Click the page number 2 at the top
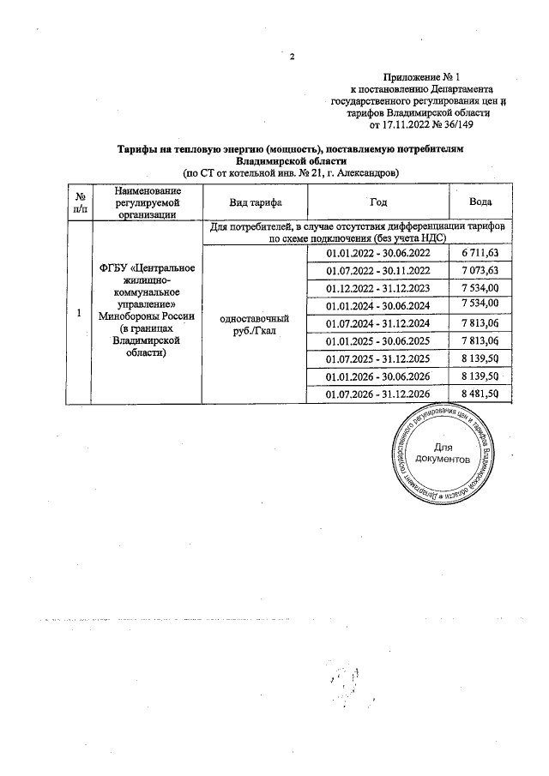pos(293,57)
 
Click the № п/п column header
pos(78,202)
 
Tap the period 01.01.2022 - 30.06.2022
pos(378,251)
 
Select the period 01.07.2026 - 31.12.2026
pos(378,394)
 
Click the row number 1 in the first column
pos(78,312)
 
